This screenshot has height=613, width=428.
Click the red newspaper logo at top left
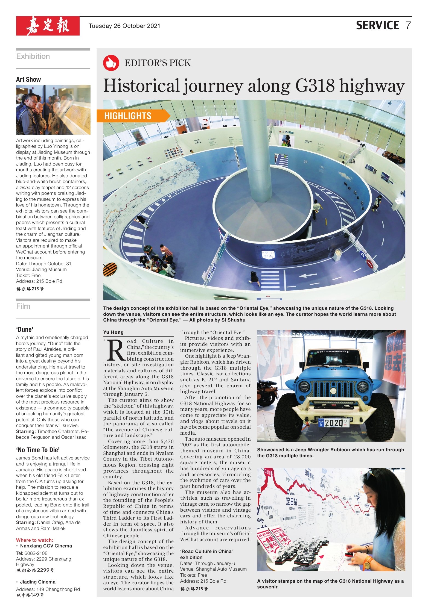click(x=48, y=26)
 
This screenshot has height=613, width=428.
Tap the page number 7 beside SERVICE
click(x=408, y=25)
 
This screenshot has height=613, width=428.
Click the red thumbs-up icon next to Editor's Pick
click(x=111, y=63)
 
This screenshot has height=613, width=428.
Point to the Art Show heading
click(x=28, y=79)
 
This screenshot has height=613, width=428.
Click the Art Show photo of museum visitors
click(x=53, y=110)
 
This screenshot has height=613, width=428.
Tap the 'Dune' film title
click(x=25, y=329)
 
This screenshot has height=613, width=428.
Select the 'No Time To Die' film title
click(x=38, y=450)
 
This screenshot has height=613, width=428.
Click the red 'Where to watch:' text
click(x=34, y=540)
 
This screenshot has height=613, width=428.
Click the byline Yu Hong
click(x=113, y=332)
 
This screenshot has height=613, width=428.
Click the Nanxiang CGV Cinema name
click(x=46, y=546)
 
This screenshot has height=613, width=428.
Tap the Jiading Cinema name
click(x=38, y=582)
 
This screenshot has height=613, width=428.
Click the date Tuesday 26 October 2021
click(x=124, y=26)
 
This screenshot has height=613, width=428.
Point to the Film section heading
click(x=23, y=306)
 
